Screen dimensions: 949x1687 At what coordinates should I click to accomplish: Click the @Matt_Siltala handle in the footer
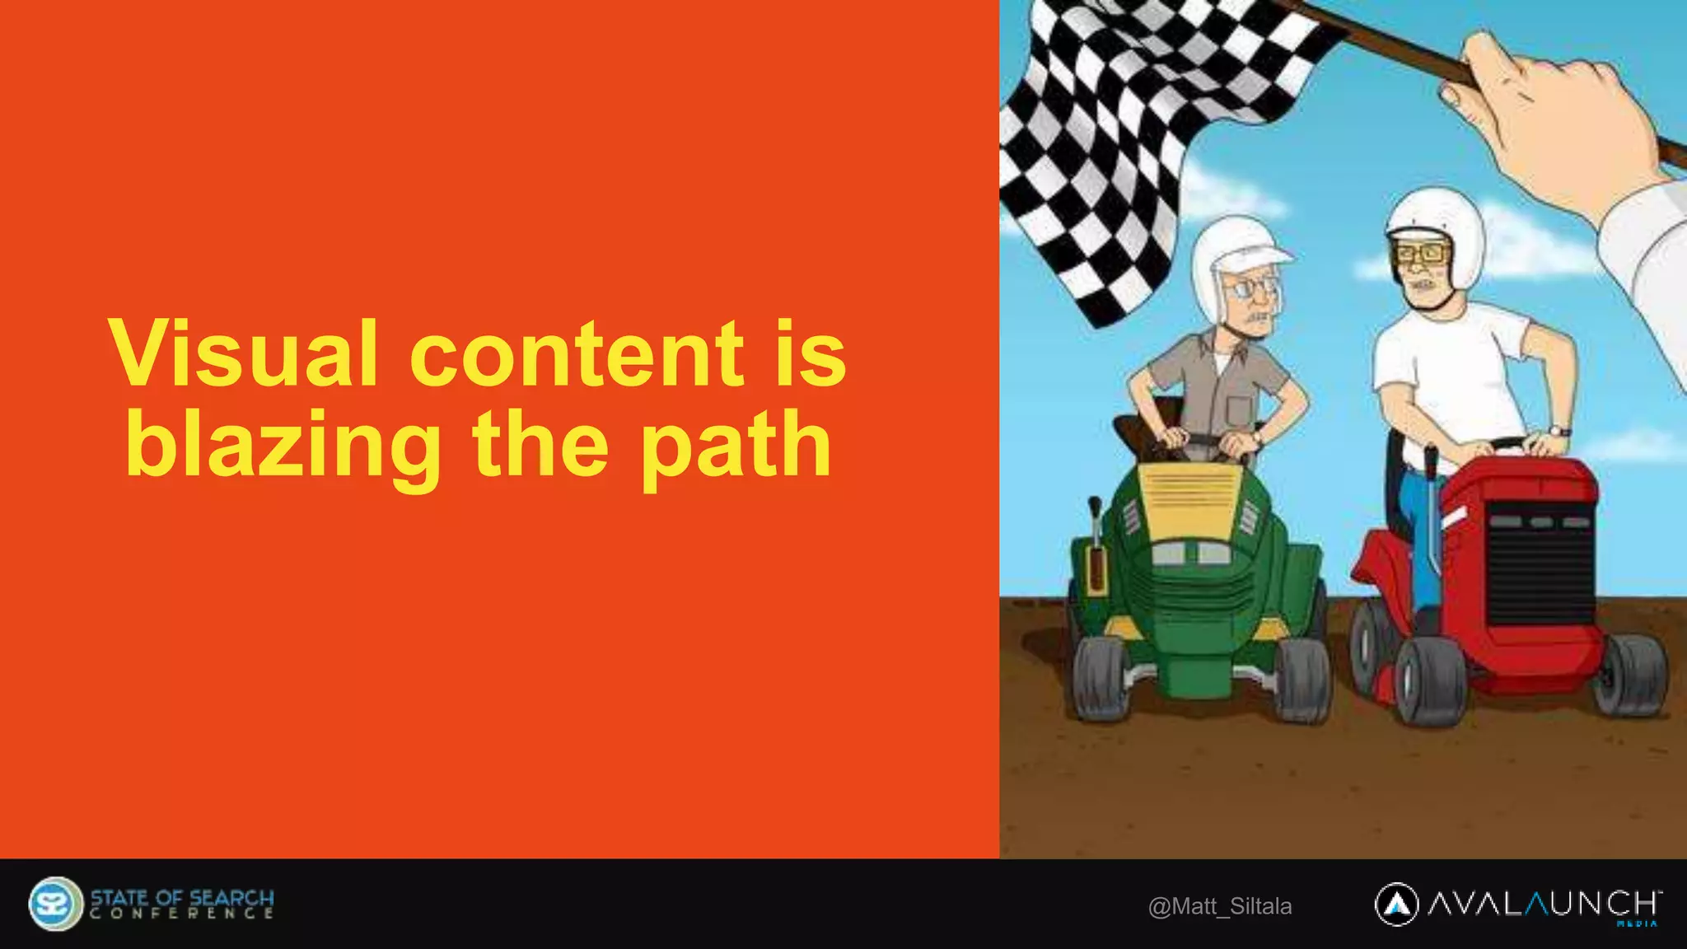1220,906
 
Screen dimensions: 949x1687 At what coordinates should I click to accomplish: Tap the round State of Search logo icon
54,904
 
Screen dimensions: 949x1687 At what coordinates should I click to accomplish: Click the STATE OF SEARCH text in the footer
182,897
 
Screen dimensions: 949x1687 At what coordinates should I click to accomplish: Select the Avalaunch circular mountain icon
1396,905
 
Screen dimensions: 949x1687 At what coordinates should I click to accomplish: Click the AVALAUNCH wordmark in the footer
1544,904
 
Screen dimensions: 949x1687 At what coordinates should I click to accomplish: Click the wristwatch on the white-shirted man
1558,431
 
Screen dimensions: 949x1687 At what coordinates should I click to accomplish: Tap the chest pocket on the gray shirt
1239,408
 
